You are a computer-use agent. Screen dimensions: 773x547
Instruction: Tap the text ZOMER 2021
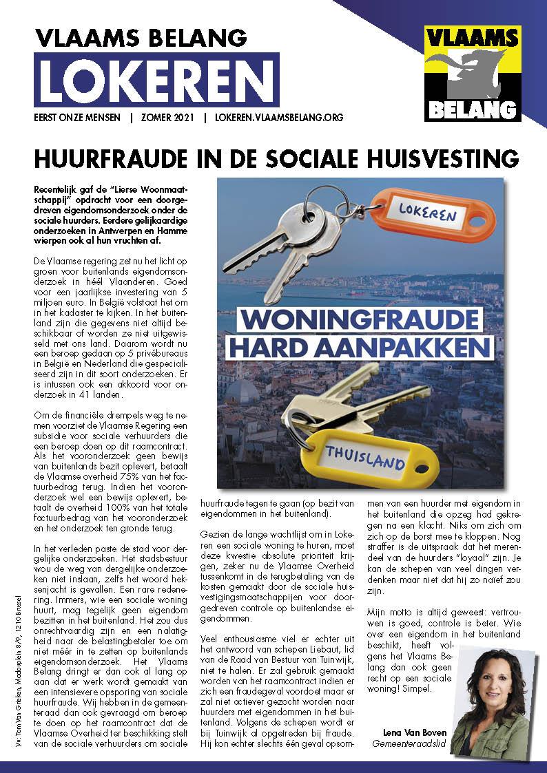tap(167, 118)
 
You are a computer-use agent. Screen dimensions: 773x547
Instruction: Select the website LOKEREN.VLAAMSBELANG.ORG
tap(278, 118)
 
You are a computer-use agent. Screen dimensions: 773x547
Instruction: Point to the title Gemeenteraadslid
tap(406, 743)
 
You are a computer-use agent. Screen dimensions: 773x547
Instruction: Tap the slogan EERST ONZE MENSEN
tap(77, 118)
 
